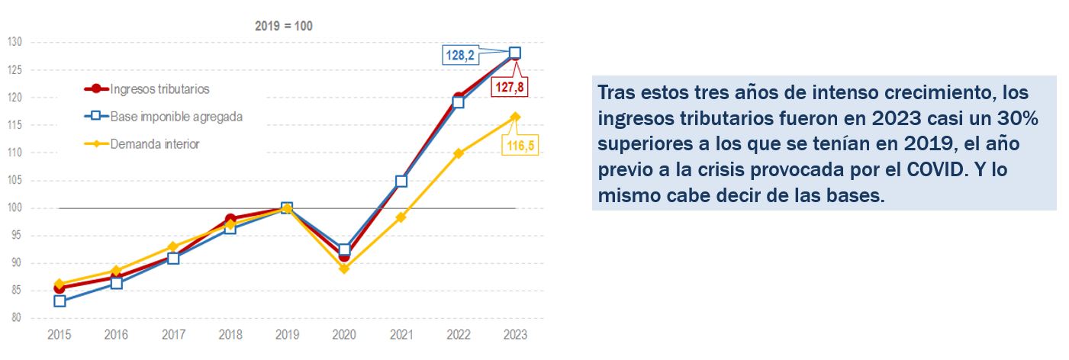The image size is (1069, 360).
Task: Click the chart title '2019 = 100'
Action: click(283, 25)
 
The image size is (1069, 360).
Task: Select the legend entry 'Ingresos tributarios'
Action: click(159, 89)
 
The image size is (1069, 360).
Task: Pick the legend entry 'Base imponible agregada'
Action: click(176, 117)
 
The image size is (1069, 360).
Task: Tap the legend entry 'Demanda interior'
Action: click(155, 143)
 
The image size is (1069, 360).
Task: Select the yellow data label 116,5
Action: click(520, 145)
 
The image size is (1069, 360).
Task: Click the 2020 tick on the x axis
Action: click(344, 335)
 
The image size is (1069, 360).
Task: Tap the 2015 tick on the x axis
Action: click(60, 335)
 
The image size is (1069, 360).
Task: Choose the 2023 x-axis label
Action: click(515, 335)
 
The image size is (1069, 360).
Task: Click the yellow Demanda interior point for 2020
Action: click(344, 268)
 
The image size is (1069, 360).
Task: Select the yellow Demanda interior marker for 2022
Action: click(458, 153)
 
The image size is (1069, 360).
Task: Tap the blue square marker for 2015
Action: click(60, 301)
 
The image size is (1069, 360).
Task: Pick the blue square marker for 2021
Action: click(401, 181)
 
